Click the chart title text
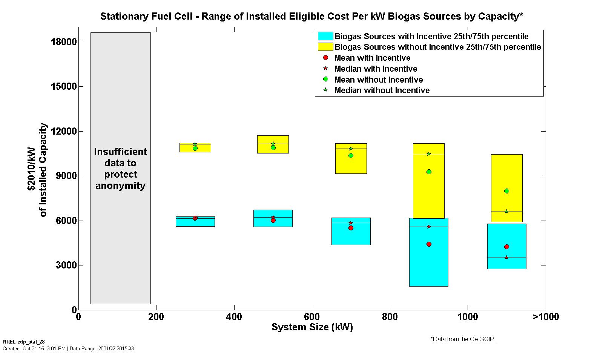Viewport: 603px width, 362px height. coord(311,16)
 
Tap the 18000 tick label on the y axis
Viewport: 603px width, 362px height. coord(64,42)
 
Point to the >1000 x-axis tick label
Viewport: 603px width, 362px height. coord(545,317)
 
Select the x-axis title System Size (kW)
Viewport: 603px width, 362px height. coord(312,327)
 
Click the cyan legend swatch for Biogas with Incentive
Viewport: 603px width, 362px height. coord(325,36)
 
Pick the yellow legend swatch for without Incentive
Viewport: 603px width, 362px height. coord(325,47)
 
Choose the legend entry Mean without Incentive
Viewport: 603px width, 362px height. coord(378,80)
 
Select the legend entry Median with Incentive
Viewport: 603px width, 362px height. coord(376,69)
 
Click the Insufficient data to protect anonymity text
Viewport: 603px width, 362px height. coord(120,169)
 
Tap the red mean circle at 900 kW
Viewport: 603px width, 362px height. coord(429,244)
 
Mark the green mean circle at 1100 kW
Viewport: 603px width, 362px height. coord(506,191)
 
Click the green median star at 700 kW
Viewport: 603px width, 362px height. coord(351,149)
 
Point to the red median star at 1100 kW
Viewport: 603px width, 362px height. coord(506,258)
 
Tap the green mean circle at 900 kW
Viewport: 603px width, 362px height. coord(429,172)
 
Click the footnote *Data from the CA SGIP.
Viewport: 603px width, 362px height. coord(463,339)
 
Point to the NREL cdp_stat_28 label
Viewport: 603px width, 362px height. coord(24,342)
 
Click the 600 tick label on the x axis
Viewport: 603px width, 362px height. coord(312,317)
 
